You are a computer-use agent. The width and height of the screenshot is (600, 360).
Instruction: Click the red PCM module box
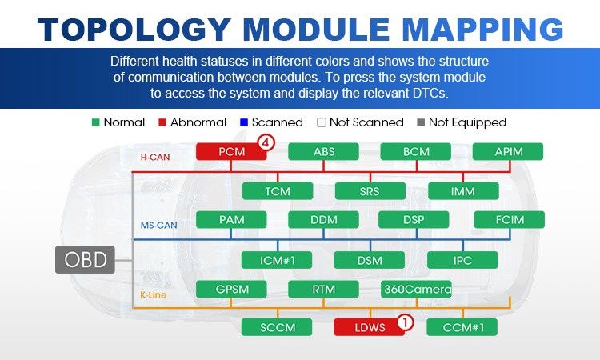[x=231, y=151]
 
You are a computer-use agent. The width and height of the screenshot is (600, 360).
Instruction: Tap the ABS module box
[x=323, y=151]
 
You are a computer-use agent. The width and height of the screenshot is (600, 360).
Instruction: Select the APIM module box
[x=508, y=151]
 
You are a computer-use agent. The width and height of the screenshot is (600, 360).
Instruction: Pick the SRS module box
[x=370, y=191]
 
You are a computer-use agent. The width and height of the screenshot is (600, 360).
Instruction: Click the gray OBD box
[x=85, y=260]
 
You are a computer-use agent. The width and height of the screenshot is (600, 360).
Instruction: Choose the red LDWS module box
[x=370, y=327]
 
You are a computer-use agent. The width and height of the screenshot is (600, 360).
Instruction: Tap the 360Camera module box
[x=416, y=290]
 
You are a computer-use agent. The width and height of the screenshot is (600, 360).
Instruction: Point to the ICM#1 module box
[x=277, y=260]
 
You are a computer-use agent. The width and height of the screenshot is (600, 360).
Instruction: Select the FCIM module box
[x=510, y=219]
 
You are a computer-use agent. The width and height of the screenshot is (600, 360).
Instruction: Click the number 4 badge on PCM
[x=266, y=143]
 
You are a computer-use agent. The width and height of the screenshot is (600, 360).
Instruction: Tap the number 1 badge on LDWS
[x=406, y=322]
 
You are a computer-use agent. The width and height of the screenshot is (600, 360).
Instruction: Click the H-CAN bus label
[x=155, y=157]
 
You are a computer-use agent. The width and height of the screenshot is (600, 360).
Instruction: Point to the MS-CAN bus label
[x=159, y=225]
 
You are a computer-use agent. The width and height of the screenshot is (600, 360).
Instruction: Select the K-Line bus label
[x=153, y=294]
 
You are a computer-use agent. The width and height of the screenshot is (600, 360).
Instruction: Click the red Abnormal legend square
[x=162, y=122]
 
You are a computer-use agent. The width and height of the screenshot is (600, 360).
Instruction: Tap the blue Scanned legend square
[x=244, y=122]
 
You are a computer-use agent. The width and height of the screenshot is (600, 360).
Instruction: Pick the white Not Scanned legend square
[x=322, y=122]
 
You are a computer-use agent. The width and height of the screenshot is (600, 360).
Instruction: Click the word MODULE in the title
[x=317, y=30]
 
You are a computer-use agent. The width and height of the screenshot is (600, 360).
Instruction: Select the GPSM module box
[x=231, y=290]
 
